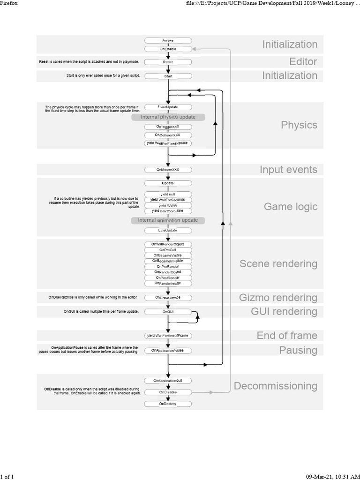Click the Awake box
click(168, 41)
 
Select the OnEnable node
click(168, 49)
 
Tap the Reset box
click(168, 61)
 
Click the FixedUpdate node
click(168, 107)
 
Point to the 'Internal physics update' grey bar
click(168, 117)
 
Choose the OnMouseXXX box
click(168, 169)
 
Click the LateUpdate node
click(168, 231)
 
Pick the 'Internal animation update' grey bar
click(168, 220)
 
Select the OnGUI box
click(168, 311)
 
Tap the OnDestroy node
click(168, 404)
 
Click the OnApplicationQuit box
click(168, 380)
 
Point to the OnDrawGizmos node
click(168, 298)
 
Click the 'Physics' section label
click(299, 125)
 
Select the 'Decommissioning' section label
click(276, 386)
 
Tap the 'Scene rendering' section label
click(278, 263)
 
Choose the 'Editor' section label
click(303, 61)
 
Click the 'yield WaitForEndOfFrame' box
click(168, 336)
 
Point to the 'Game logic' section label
click(291, 207)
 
